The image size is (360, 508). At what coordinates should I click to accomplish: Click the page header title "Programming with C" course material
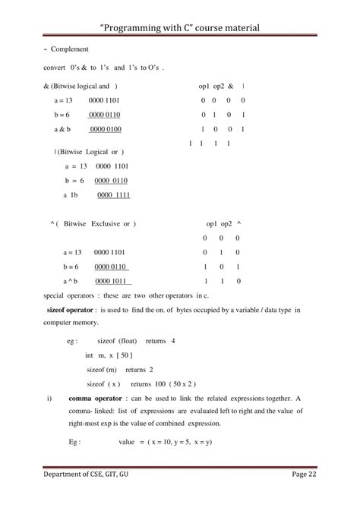coord(180,27)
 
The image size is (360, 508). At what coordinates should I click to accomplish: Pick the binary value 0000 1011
coord(111,282)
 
